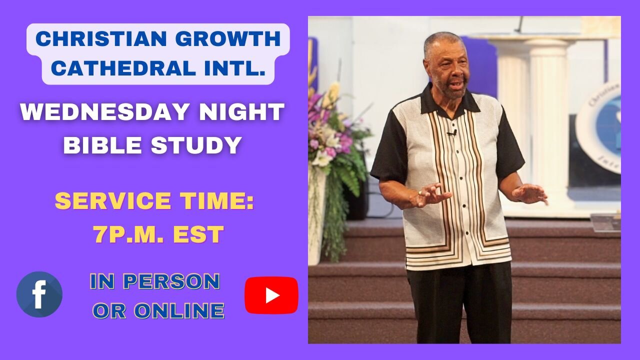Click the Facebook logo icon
pos(39,294)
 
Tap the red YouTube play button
pos(271,295)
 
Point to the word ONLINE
pos(180,311)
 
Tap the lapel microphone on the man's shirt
pos(451,133)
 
